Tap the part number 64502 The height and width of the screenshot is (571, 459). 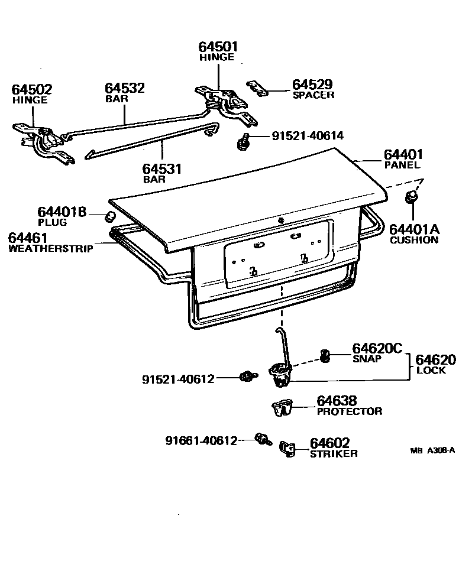(x=32, y=90)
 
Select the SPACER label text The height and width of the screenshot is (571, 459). (x=313, y=95)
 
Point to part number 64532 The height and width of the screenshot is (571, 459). (x=125, y=88)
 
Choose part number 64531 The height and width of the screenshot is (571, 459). (x=163, y=168)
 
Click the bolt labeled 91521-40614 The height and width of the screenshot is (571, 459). (x=243, y=140)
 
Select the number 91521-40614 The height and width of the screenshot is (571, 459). (x=308, y=136)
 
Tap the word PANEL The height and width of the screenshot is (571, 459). (x=402, y=166)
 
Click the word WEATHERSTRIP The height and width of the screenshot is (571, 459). (x=50, y=249)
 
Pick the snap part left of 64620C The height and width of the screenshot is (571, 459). (x=325, y=355)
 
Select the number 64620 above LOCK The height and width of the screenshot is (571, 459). (x=435, y=360)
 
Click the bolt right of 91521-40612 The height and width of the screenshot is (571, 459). (x=245, y=376)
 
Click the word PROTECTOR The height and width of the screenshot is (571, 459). (x=350, y=411)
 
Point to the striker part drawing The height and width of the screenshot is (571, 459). (x=288, y=449)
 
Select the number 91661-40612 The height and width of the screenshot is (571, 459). (x=201, y=440)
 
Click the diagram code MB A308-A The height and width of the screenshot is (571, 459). (x=432, y=450)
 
